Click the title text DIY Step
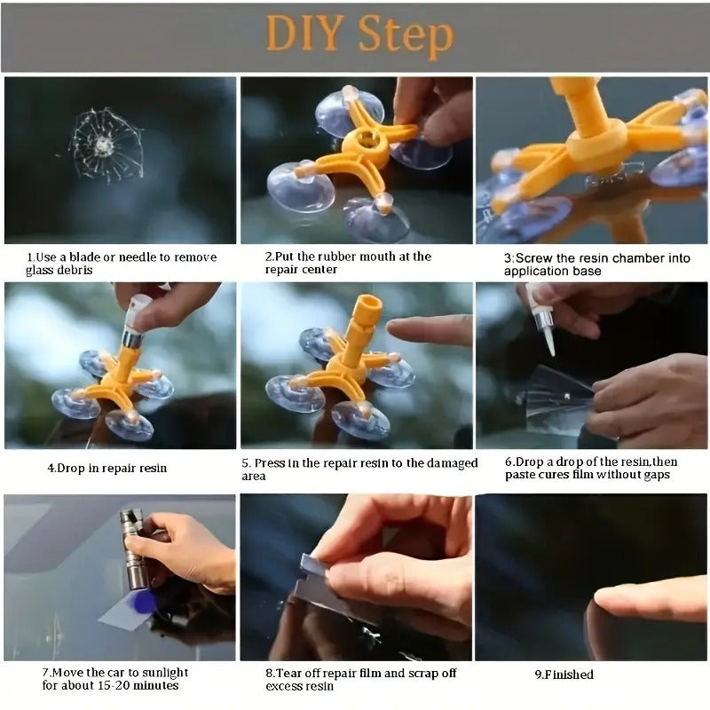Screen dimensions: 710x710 [x=358, y=35]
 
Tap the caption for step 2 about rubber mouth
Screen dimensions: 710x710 [x=348, y=263]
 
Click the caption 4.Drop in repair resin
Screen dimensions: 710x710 [x=106, y=468]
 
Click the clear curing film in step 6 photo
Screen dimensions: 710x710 [x=555, y=399]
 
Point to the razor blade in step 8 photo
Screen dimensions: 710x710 [x=315, y=569]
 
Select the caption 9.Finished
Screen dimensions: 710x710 [x=564, y=674]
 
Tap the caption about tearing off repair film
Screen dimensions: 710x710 [x=360, y=679]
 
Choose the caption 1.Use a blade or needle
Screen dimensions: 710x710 [x=120, y=264]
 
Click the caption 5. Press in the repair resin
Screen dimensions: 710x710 [x=359, y=469]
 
